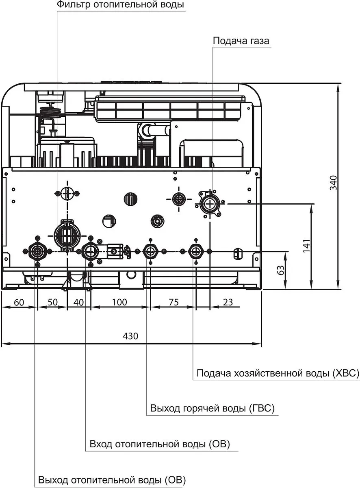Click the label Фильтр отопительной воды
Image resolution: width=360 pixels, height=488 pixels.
pyautogui.click(x=120, y=5)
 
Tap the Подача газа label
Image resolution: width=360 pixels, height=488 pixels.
pyautogui.click(x=241, y=41)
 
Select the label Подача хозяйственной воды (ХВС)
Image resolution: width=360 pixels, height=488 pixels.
pyautogui.click(x=278, y=373)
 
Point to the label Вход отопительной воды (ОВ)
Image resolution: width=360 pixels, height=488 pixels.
pyautogui.click(x=160, y=444)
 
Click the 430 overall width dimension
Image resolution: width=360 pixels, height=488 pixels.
pyautogui.click(x=131, y=336)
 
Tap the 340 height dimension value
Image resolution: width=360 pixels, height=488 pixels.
pyautogui.click(x=333, y=183)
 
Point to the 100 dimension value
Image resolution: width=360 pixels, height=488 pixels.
pyautogui.click(x=119, y=303)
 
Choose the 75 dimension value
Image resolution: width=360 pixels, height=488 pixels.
pyautogui.click(x=173, y=303)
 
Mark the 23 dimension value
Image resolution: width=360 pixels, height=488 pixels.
pyautogui.click(x=228, y=303)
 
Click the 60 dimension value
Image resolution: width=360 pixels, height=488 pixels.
pyautogui.click(x=19, y=303)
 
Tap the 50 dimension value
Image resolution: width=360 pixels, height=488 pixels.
pyautogui.click(x=52, y=303)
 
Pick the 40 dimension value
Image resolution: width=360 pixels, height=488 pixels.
pyautogui.click(x=79, y=303)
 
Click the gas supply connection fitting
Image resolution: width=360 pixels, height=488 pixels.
pyautogui.click(x=210, y=202)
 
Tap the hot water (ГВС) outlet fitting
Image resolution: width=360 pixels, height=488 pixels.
pyautogui.click(x=151, y=251)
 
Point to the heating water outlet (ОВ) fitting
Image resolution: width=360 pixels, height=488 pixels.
pyautogui.click(x=37, y=251)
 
